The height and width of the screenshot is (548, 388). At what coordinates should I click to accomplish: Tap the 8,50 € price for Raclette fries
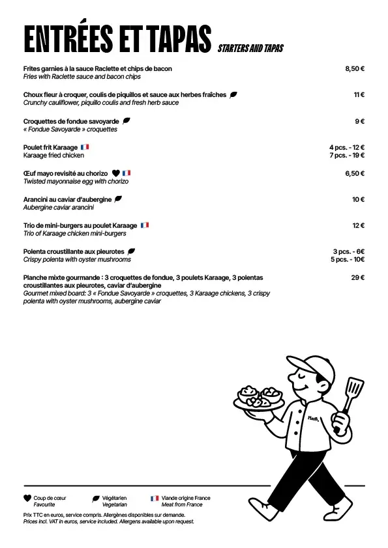click(354, 68)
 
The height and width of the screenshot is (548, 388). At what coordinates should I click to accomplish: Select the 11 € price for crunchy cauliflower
click(359, 94)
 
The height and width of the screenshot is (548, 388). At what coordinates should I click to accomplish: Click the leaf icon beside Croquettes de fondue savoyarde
click(127, 120)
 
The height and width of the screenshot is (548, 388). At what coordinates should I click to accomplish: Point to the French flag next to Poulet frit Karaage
click(85, 147)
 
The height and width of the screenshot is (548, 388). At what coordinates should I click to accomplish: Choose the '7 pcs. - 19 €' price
click(347, 155)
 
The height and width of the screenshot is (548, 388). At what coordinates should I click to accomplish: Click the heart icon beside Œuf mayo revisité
click(116, 173)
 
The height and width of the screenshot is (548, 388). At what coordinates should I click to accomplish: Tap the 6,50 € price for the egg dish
click(354, 173)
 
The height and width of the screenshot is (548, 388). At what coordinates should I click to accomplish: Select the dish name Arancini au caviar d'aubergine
click(67, 199)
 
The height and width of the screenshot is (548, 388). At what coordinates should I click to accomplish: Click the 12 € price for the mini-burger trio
click(358, 225)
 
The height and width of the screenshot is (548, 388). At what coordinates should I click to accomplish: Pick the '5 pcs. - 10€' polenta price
click(347, 259)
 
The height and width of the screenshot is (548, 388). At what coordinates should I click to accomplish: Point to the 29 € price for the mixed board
click(357, 277)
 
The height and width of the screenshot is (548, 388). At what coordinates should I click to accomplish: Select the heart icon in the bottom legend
click(27, 499)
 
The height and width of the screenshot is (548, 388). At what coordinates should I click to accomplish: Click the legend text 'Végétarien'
click(114, 498)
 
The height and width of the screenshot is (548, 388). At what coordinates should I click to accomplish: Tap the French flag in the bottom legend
click(155, 499)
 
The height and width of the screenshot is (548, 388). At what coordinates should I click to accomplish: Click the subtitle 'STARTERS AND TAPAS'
click(250, 49)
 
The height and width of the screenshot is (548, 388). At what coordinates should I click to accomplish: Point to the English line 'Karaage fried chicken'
click(53, 156)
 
